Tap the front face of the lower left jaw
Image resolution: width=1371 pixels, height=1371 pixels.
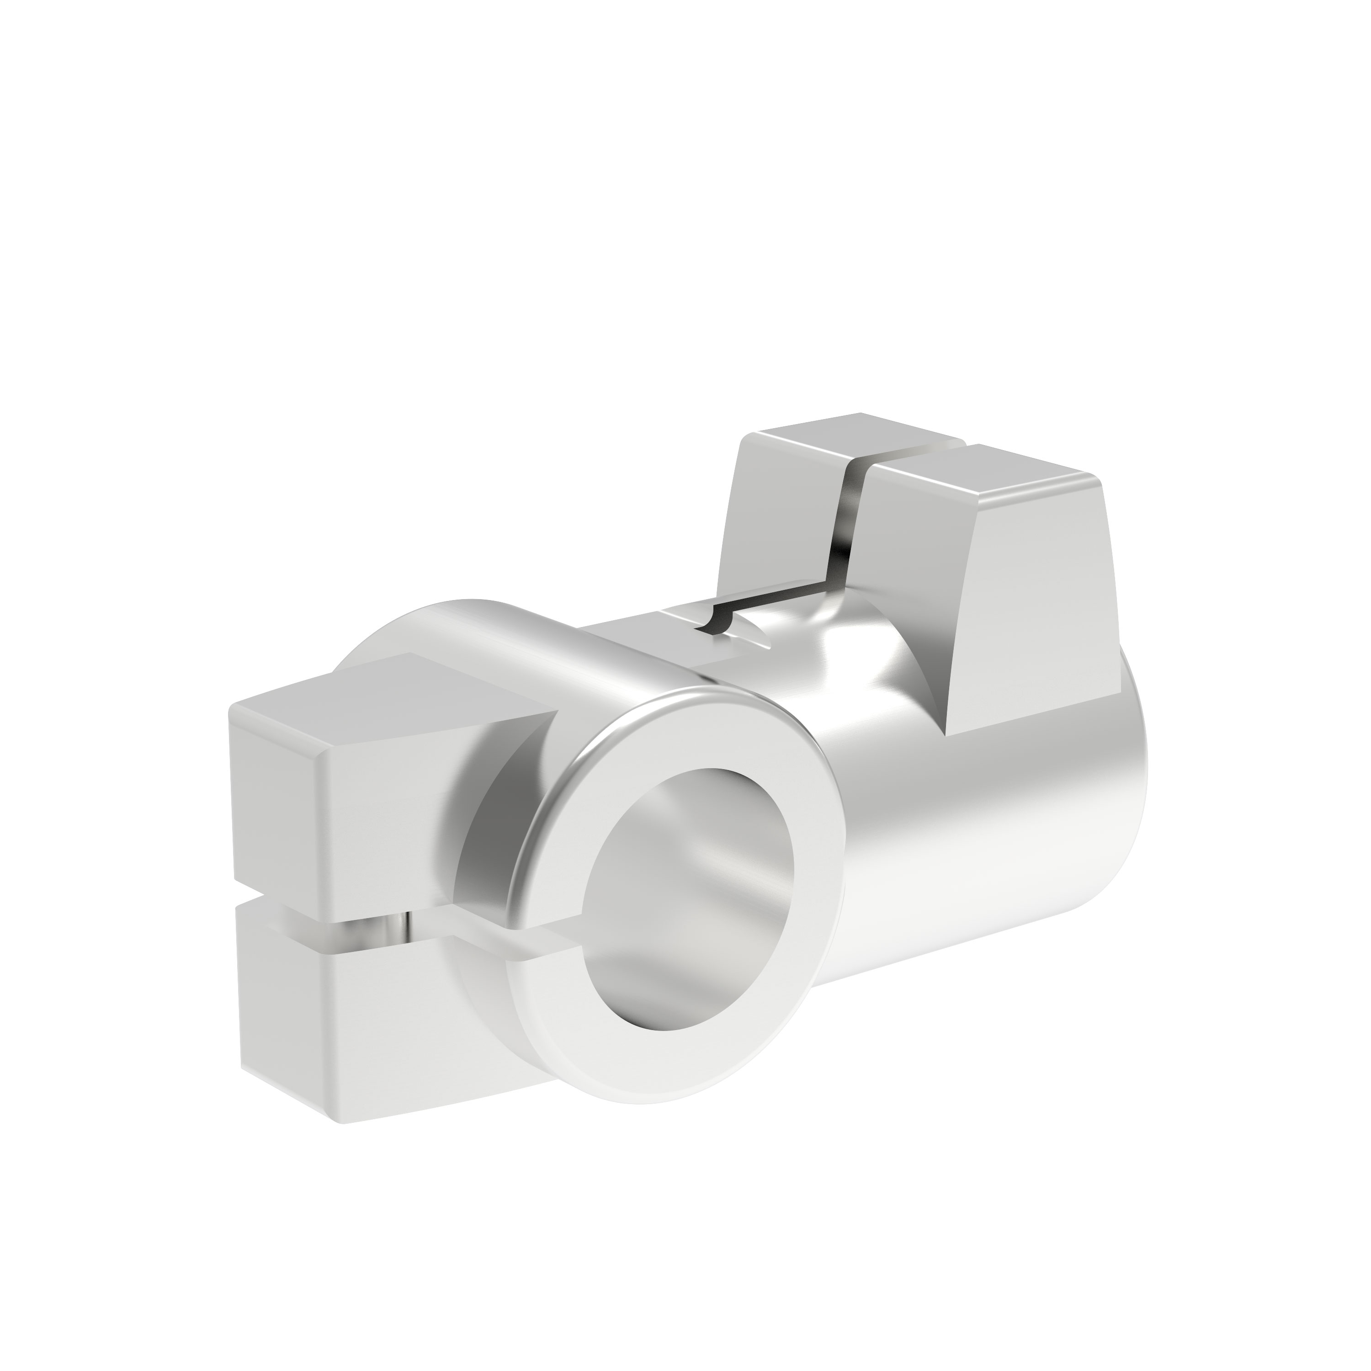click(x=398, y=1022)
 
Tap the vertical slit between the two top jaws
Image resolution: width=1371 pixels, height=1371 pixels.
click(x=848, y=525)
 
